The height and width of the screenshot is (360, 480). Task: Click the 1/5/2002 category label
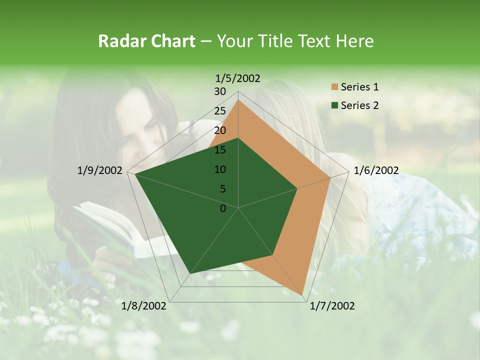point(238,78)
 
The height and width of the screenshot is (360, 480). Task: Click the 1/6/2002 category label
point(376,170)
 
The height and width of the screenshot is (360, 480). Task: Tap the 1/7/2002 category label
point(332,305)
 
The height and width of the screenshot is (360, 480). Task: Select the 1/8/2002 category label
point(144,305)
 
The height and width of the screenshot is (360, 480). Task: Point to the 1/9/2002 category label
point(100,170)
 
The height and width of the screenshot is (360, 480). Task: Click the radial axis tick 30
point(220,91)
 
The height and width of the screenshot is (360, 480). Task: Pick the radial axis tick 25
point(220,111)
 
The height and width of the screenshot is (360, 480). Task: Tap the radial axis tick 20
point(220,130)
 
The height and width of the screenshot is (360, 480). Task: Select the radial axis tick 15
point(220,150)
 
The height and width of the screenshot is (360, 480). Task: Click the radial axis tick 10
point(220,169)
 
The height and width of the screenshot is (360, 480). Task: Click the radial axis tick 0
point(223,208)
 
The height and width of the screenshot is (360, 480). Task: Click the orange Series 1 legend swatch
point(335,87)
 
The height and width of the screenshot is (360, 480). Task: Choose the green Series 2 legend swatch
point(335,105)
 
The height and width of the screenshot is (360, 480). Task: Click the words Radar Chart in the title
point(146,41)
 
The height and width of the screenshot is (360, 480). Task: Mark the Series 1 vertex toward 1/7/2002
point(303,294)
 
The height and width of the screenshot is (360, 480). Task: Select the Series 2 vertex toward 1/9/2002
point(135,174)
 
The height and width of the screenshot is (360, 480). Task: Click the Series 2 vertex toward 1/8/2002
point(189,274)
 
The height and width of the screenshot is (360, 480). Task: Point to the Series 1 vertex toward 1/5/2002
point(238,100)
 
